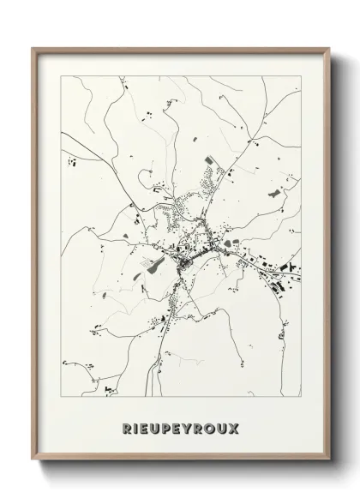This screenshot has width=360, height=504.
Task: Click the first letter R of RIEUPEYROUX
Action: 125,428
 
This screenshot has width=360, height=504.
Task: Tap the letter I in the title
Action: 135,428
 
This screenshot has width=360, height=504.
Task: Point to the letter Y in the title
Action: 191,428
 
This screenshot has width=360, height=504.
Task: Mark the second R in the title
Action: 203,428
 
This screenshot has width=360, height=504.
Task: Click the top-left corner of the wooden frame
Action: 32,48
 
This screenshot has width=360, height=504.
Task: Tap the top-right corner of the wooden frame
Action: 330,48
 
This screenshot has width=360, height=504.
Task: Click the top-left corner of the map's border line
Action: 63,75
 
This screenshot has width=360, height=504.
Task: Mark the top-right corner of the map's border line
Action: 301,75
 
